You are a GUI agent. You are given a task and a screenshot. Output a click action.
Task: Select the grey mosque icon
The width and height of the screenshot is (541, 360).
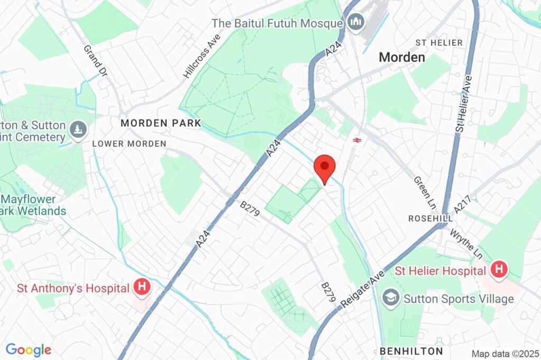[355, 22]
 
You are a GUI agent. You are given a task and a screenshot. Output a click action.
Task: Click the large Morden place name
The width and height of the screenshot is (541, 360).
[402, 57]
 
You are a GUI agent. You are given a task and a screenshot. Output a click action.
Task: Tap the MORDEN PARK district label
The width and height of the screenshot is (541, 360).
[161, 123]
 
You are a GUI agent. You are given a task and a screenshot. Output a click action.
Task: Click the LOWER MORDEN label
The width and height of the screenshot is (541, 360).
[129, 144]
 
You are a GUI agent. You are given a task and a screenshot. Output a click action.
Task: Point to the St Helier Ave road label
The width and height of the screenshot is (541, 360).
[463, 103]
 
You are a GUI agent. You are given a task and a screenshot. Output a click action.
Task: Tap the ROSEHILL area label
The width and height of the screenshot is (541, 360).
[431, 219]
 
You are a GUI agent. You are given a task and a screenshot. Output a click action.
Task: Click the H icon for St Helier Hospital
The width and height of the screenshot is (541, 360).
[498, 270]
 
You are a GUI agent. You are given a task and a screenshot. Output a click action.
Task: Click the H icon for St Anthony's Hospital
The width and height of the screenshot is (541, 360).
[142, 287]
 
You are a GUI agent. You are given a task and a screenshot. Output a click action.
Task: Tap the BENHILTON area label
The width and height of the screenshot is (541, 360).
[411, 351]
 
